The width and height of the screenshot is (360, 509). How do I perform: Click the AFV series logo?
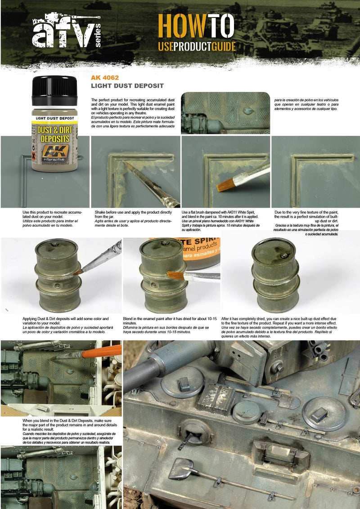pos(66,31)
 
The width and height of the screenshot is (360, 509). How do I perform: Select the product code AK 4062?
pos(105,77)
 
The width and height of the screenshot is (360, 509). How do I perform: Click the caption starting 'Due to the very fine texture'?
pos(313,223)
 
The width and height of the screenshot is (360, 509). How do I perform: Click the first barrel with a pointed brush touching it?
pos(58,275)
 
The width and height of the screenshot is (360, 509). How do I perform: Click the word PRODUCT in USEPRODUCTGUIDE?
pos(200,47)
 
